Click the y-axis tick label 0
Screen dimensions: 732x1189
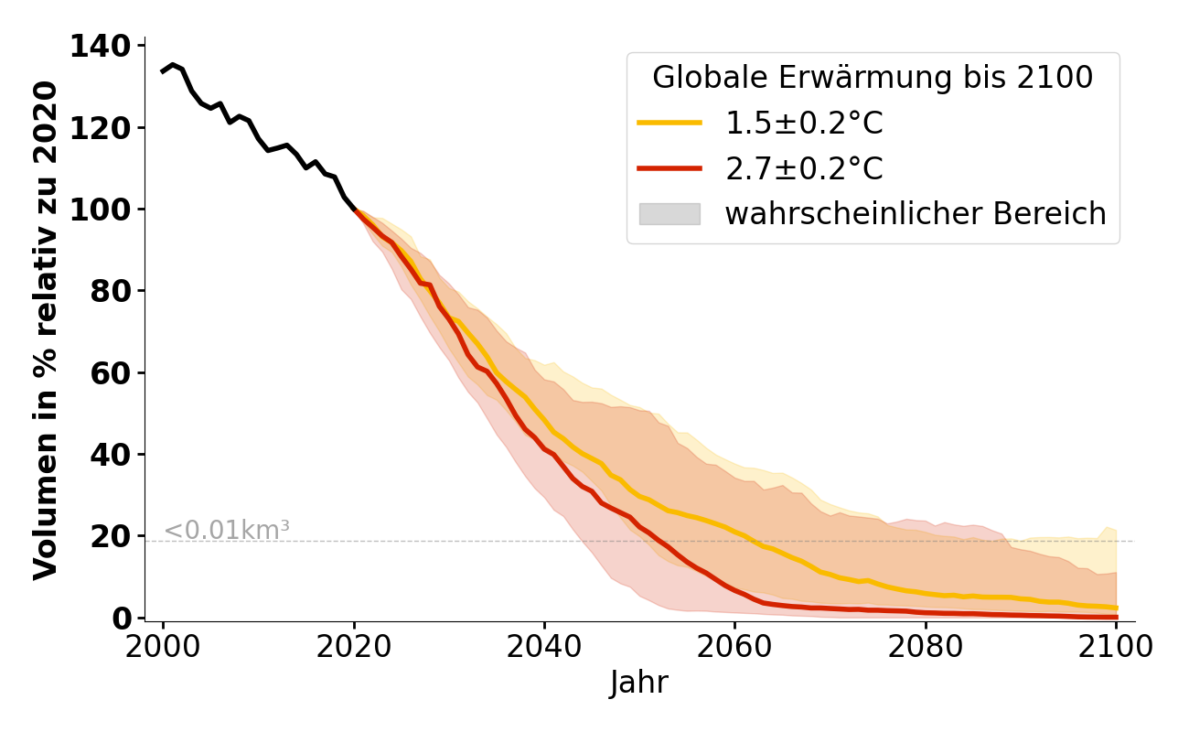[122, 619]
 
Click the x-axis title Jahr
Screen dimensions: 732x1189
[639, 684]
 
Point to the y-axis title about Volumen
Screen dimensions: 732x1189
[46, 330]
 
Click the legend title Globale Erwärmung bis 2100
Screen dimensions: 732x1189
[873, 78]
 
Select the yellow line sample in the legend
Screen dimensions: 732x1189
[669, 123]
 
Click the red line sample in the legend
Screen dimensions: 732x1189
[669, 168]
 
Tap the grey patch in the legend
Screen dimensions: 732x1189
[669, 214]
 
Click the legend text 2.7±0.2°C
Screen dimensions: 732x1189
[804, 168]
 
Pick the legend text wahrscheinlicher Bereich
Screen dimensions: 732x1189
[916, 214]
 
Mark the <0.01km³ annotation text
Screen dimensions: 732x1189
[227, 530]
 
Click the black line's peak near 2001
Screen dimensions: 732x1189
[172, 65]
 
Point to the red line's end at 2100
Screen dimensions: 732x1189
[1116, 617]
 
